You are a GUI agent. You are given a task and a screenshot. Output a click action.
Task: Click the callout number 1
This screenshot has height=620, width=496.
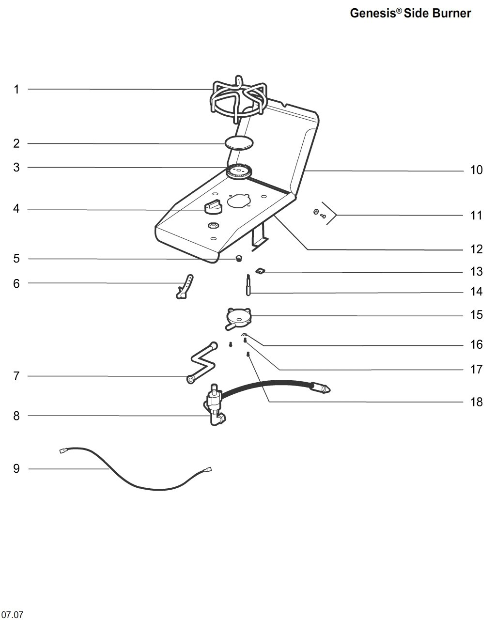click(x=16, y=89)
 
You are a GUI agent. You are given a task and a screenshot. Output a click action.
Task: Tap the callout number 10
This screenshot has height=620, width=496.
click(x=476, y=170)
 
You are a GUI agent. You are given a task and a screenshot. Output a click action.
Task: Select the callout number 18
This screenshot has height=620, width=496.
click(x=476, y=402)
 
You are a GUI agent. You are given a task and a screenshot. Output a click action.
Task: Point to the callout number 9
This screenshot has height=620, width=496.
click(x=16, y=469)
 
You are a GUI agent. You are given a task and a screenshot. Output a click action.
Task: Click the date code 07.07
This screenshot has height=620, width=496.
click(x=12, y=615)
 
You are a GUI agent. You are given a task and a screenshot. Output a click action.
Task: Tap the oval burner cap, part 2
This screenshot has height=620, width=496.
click(x=239, y=143)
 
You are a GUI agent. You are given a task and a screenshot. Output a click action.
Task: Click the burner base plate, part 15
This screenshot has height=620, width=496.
click(x=239, y=317)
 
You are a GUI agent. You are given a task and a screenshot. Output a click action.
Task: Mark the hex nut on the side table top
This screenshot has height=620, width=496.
click(x=212, y=225)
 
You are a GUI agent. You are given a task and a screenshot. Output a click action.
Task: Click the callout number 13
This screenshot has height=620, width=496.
click(x=476, y=272)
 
